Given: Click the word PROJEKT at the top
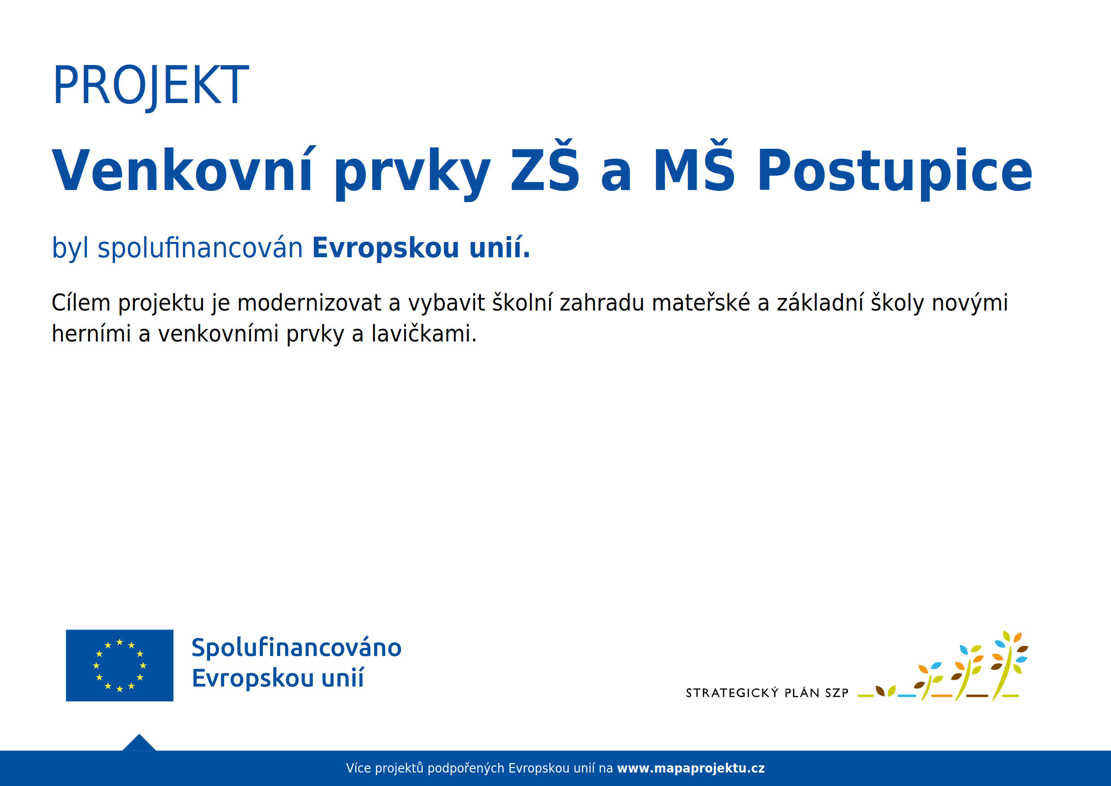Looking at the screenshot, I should pyautogui.click(x=151, y=86).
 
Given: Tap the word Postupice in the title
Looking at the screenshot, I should pyautogui.click(x=895, y=171).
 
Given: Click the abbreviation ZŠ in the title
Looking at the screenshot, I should pyautogui.click(x=545, y=167).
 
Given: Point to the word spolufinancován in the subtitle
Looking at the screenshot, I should pyautogui.click(x=200, y=248).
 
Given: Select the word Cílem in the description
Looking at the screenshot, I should pyautogui.click(x=81, y=303).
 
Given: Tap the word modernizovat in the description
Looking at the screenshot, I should pyautogui.click(x=309, y=303).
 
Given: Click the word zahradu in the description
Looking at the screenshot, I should pyautogui.click(x=602, y=303).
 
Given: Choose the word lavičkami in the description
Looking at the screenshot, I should pyautogui.click(x=423, y=334).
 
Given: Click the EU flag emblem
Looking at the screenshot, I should pyautogui.click(x=120, y=665).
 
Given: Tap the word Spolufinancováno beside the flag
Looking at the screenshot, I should pyautogui.click(x=296, y=648).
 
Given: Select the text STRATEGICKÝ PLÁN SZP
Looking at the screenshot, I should pyautogui.click(x=767, y=693).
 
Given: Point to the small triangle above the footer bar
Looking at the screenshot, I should pyautogui.click(x=139, y=743).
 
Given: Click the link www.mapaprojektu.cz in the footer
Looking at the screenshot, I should pyautogui.click(x=691, y=768).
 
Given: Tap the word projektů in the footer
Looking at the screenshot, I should pyautogui.click(x=399, y=768).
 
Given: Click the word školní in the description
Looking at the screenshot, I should pyautogui.click(x=522, y=303).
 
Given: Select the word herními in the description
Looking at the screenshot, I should pyautogui.click(x=91, y=334).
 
